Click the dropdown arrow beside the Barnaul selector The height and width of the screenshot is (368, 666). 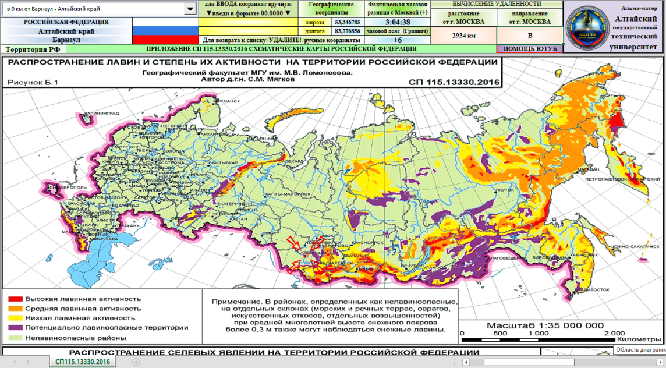pos(190,9)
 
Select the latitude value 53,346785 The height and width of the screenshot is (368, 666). pos(348,22)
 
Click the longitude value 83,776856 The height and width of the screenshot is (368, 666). pos(348,31)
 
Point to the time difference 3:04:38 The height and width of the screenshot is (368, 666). pos(398,22)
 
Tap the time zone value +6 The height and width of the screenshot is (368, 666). pos(398,40)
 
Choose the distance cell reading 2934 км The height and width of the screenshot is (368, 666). pos(464,35)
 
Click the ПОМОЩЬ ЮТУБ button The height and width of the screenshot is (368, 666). pos(530,49)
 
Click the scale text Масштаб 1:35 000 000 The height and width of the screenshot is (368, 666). pos(545,325)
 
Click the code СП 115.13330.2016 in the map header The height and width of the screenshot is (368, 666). pos(454,83)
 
